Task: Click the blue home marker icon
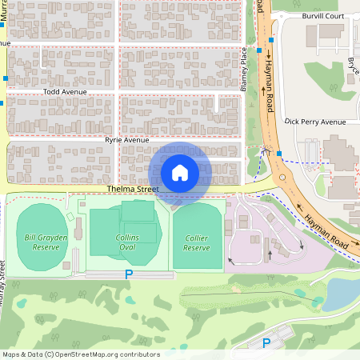tap(179, 172)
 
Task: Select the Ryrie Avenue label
tap(127, 140)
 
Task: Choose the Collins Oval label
tap(126, 242)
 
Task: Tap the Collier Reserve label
tap(197, 242)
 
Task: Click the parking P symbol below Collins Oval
tap(128, 274)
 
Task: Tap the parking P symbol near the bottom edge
tap(266, 342)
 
